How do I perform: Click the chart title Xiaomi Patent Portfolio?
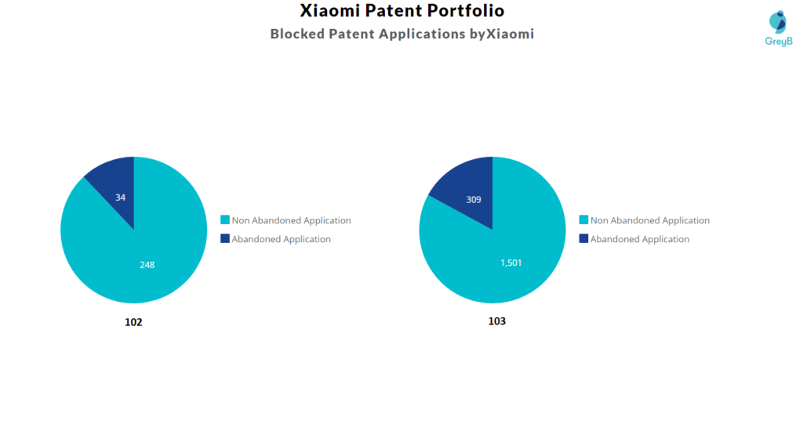[x=402, y=11]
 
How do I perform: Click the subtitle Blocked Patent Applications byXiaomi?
[x=401, y=34]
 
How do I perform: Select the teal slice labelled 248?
[x=141, y=259]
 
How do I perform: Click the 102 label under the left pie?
[x=133, y=322]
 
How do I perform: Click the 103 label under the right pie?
[x=496, y=321]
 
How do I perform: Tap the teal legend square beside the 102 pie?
[x=225, y=220]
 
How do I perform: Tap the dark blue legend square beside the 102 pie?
[x=225, y=239]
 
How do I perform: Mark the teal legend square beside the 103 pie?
[x=583, y=220]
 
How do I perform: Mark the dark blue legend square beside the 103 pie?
[x=583, y=239]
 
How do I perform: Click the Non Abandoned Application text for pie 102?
[x=291, y=220]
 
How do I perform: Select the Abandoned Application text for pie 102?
[x=281, y=239]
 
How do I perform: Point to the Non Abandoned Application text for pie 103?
[x=649, y=220]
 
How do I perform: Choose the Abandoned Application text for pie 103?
[x=639, y=239]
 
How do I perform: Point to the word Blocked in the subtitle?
[x=297, y=34]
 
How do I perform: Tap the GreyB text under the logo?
[x=778, y=41]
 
